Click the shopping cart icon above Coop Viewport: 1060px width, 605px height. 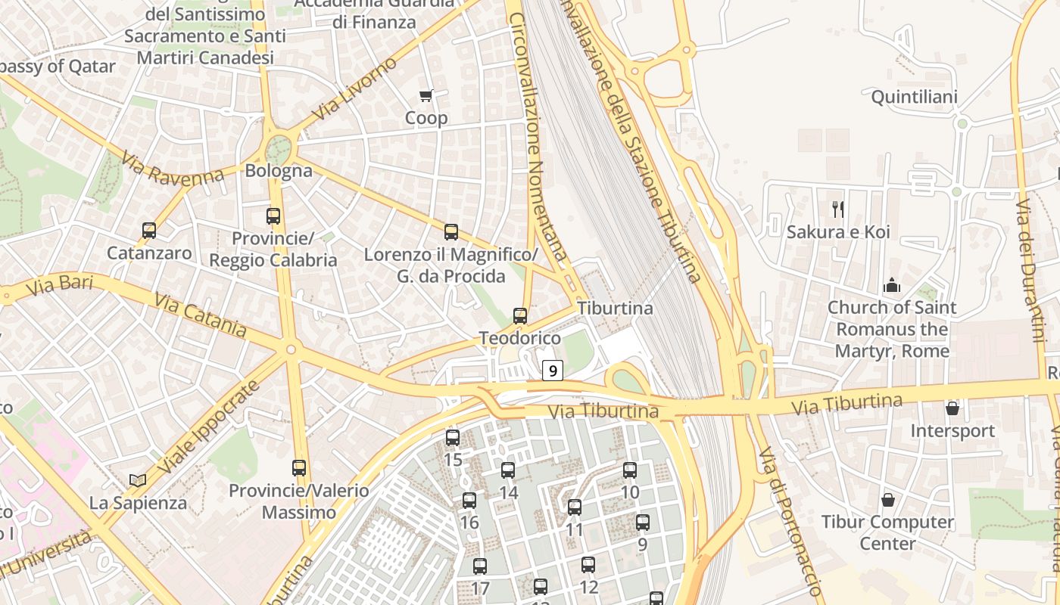426,96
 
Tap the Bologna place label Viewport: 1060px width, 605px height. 279,170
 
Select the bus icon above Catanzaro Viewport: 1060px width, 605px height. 149,231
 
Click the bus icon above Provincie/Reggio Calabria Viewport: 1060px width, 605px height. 273,216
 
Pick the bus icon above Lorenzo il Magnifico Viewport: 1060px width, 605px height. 451,232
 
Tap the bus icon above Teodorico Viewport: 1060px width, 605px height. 520,316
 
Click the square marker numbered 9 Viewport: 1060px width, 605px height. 553,371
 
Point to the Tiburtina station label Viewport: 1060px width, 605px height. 615,309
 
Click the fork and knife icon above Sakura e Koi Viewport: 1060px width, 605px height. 838,209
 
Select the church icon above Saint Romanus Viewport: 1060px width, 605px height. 893,286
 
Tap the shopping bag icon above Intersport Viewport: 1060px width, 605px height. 952,408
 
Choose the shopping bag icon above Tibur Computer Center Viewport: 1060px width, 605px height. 888,500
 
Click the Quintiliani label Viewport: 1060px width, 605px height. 915,97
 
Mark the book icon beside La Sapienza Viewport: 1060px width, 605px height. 138,480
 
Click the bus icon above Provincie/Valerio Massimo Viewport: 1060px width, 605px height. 299,468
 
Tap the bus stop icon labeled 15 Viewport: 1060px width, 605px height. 453,438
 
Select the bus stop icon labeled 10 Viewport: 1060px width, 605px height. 630,470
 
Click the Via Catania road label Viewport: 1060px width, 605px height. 200,315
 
